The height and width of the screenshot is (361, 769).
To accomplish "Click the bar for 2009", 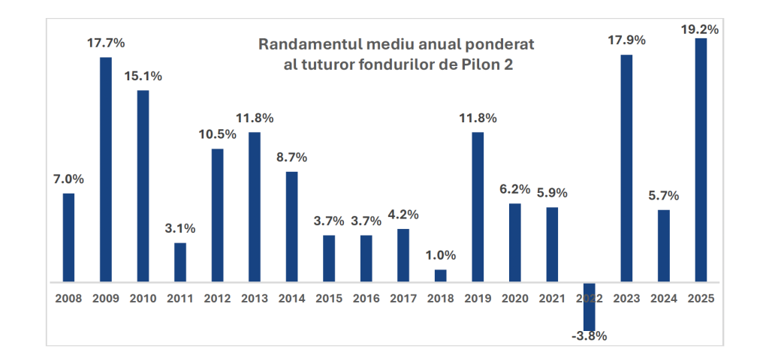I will click(x=106, y=170).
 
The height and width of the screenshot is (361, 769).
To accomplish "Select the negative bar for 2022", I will click(x=589, y=305).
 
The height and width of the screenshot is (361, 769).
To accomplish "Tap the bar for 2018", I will click(x=441, y=275).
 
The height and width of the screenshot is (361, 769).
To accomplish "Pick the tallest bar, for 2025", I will click(x=701, y=160).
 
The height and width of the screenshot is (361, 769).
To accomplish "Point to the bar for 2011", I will click(x=180, y=262).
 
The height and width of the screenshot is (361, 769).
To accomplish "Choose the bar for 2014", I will click(x=292, y=227).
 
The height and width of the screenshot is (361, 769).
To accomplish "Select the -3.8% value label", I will click(x=589, y=336).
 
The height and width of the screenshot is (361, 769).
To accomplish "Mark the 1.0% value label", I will click(x=441, y=256).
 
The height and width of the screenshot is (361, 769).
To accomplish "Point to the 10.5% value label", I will click(x=217, y=134).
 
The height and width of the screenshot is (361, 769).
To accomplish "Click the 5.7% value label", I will click(x=663, y=196).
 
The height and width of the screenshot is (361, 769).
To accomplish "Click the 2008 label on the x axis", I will click(x=68, y=298).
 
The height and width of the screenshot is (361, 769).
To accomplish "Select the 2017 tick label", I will click(x=403, y=298).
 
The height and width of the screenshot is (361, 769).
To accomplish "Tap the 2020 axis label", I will click(x=514, y=298).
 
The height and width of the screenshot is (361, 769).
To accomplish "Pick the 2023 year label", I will click(x=626, y=298).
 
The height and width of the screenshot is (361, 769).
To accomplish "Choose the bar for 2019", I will click(x=478, y=207).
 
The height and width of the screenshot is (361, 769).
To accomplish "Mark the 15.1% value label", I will click(x=143, y=77).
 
